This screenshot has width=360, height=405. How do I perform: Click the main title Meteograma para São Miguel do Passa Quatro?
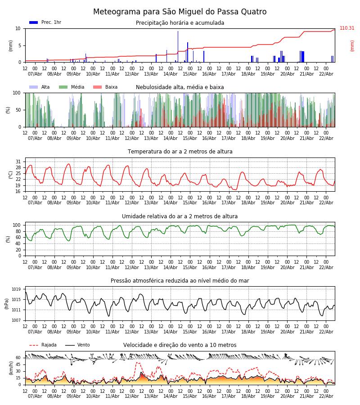pyautogui.click(x=180, y=12)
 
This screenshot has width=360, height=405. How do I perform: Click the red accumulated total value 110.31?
pyautogui.click(x=347, y=28)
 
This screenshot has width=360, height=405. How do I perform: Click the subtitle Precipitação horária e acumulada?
pyautogui.click(x=180, y=23)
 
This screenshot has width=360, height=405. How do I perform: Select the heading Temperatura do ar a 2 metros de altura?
pyautogui.click(x=180, y=152)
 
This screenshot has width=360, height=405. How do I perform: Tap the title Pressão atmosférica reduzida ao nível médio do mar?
pyautogui.click(x=180, y=281)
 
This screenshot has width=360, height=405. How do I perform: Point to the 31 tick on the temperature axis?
pyautogui.click(x=18, y=162)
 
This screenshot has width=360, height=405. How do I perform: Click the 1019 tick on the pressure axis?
pyautogui.click(x=16, y=289)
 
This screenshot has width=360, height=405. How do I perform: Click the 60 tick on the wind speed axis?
pyautogui.click(x=18, y=358)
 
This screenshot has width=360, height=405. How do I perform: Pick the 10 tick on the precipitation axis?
pyautogui.click(x=18, y=28)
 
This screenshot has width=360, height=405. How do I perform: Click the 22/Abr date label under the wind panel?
pyautogui.click(x=326, y=396)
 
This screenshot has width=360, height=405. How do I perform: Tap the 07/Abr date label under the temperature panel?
pyautogui.click(x=35, y=203)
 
